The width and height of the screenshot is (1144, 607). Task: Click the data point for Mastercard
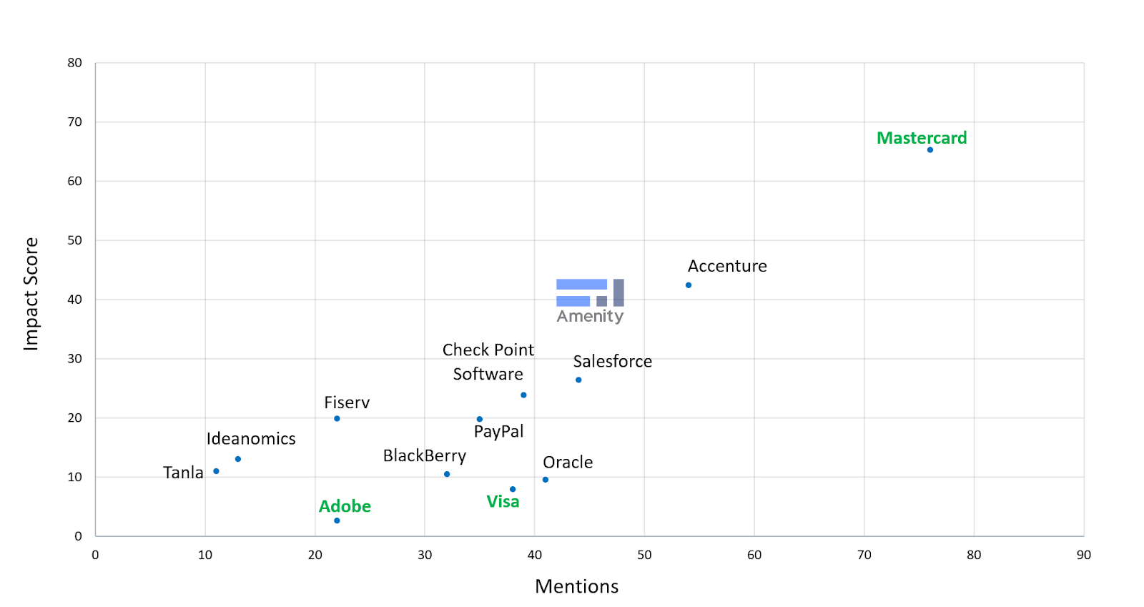coord(929,150)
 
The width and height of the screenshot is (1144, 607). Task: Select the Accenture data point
coord(689,285)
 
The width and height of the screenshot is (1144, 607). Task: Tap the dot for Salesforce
coord(578,380)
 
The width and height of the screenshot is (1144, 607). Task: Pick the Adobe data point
coord(337,520)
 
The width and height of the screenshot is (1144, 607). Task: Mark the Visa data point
coord(513,489)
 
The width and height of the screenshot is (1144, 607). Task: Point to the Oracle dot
coord(546,480)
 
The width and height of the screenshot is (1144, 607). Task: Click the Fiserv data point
coord(337,418)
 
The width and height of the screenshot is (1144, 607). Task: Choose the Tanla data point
coord(216,471)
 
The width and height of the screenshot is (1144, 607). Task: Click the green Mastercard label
coord(922,138)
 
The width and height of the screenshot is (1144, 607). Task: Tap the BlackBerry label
coord(425,455)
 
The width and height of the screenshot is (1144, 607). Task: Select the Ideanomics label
coord(251,438)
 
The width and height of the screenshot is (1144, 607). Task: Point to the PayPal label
coord(498,431)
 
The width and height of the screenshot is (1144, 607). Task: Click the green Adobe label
coord(345,506)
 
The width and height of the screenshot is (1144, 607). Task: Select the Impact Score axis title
coord(31,294)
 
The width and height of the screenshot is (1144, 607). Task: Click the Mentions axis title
coord(576,586)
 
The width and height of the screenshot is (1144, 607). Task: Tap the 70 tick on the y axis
coord(75,122)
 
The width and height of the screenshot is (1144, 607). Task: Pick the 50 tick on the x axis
coord(644,555)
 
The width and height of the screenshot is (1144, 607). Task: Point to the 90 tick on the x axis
coord(1083,555)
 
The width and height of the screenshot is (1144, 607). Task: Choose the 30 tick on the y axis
coord(75,359)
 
